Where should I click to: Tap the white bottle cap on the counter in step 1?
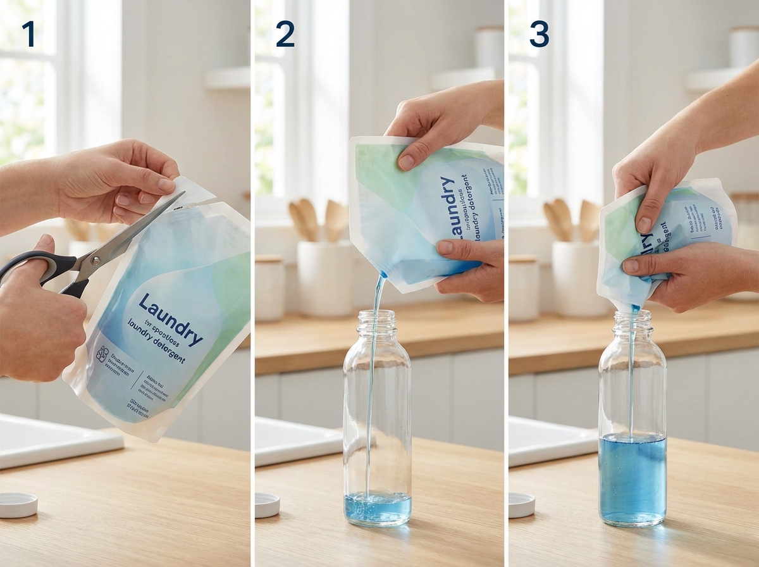click(x=18, y=504)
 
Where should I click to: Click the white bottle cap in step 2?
click(x=267, y=505)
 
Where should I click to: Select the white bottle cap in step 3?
click(x=522, y=505)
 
